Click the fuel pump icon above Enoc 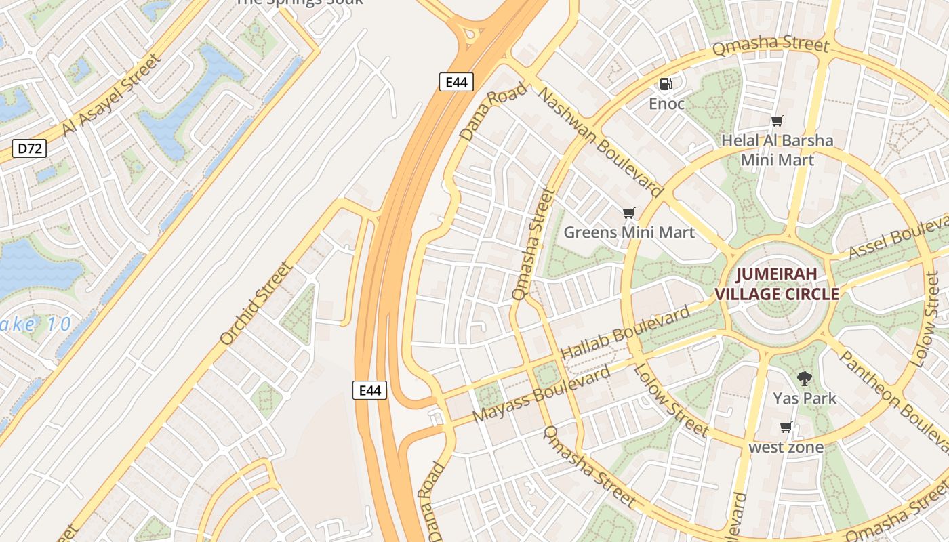666,84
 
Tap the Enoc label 666,104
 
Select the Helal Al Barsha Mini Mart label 777,150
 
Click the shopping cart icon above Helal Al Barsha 778,121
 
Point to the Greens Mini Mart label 629,233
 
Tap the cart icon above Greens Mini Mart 629,213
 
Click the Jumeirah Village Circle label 777,285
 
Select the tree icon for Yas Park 805,379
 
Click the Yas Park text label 805,398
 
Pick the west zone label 786,447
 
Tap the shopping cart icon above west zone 786,428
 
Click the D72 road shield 30,148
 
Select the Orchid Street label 257,303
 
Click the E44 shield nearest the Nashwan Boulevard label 456,82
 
